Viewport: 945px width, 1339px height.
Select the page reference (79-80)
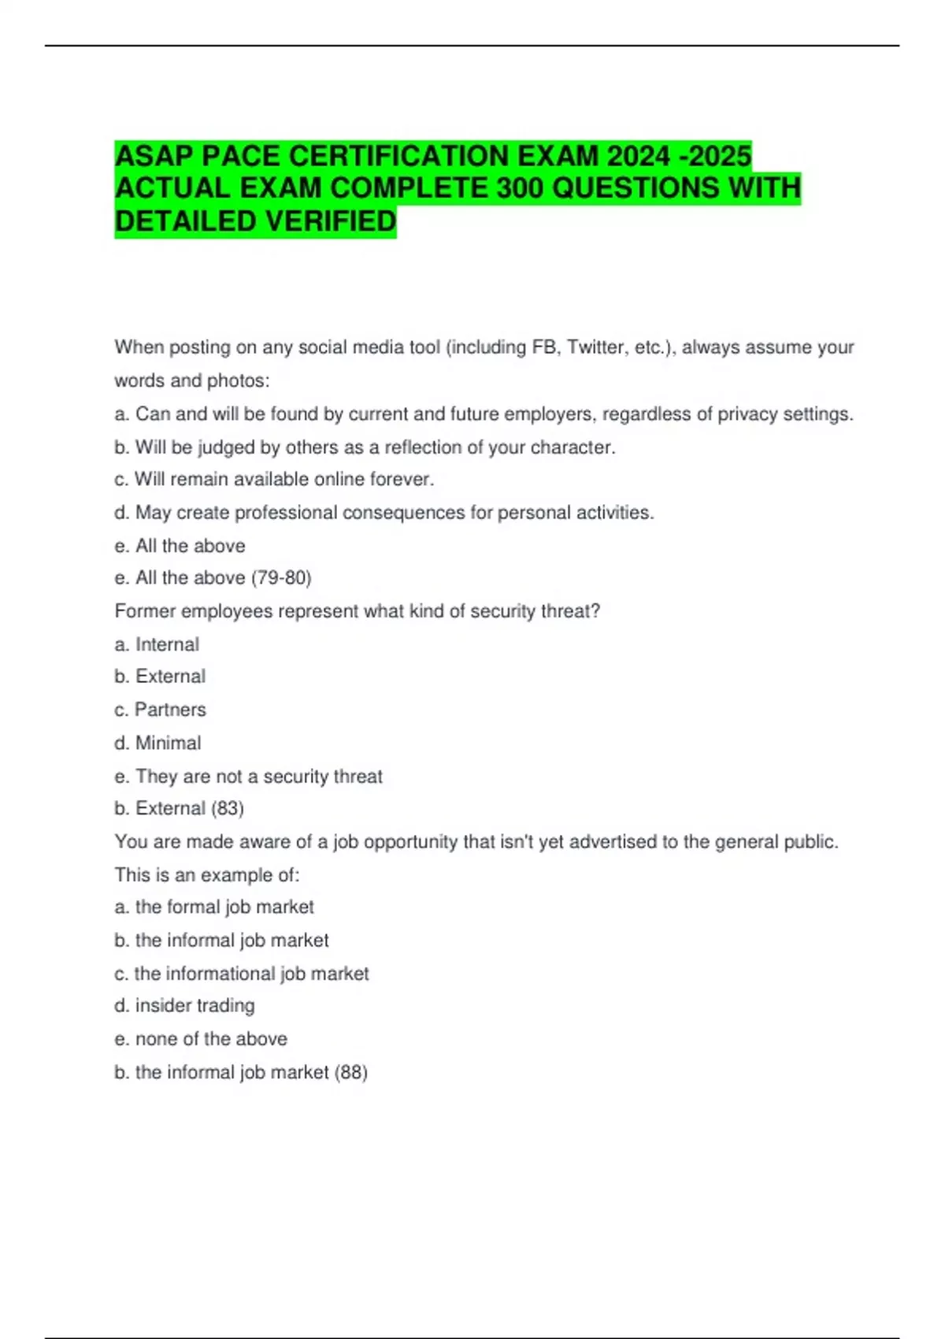tap(281, 578)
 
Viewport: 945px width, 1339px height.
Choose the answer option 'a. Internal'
tap(157, 644)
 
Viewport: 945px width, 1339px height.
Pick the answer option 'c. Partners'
tap(160, 710)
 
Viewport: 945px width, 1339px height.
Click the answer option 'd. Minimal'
tap(157, 743)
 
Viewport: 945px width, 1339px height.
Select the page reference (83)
tap(228, 808)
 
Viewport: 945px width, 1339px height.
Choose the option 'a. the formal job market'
tap(214, 907)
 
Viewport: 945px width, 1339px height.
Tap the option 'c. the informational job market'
tap(242, 974)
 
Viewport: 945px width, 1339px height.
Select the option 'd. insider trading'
tap(184, 1006)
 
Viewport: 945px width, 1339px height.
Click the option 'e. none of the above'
tap(201, 1039)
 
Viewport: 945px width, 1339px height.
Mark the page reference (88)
tap(351, 1072)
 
